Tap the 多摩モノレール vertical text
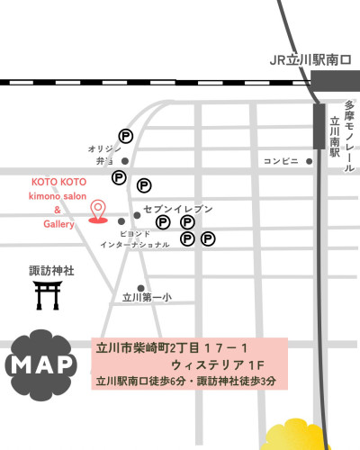(x=348, y=135)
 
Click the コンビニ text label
(x=282, y=162)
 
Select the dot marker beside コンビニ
(x=310, y=162)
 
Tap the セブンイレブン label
(x=178, y=209)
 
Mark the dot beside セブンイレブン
(x=137, y=215)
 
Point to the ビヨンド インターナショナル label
(x=134, y=238)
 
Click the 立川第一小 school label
(x=147, y=297)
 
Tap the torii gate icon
(x=47, y=294)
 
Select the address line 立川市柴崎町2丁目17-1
(x=170, y=347)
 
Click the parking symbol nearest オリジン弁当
(x=126, y=137)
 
